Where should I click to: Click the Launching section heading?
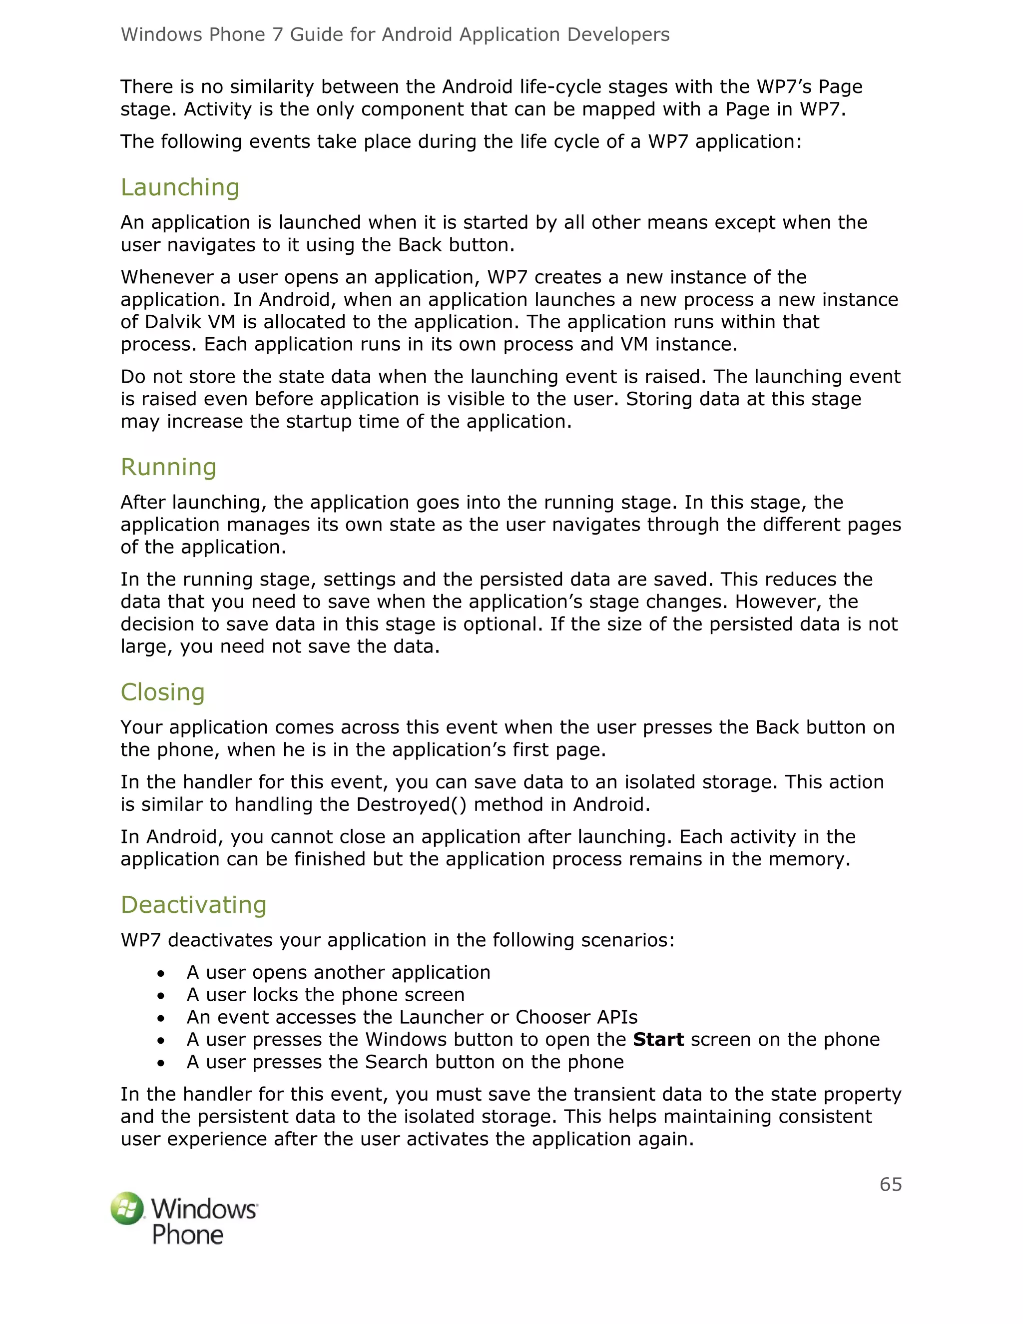pyautogui.click(x=180, y=187)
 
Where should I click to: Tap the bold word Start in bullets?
pyautogui.click(x=658, y=1040)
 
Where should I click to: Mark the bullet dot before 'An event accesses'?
pyautogui.click(x=161, y=1018)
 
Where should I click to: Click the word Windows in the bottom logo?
pyautogui.click(x=204, y=1209)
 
